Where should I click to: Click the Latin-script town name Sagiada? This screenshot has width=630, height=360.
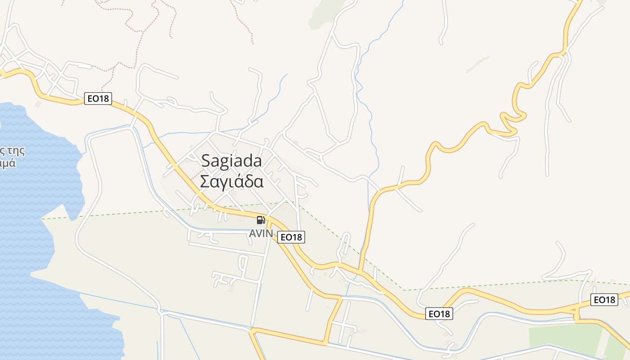click(231, 161)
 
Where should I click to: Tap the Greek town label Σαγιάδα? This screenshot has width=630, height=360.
click(231, 182)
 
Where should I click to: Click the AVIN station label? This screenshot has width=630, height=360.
click(261, 234)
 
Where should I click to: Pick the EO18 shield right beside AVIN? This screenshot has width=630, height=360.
click(291, 237)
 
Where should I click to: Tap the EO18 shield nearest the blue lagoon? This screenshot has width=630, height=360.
click(98, 98)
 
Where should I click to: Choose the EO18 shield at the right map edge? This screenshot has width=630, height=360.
click(604, 300)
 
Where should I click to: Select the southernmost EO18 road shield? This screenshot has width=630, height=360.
click(439, 314)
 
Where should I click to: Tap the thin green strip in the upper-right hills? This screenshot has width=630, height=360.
click(477, 64)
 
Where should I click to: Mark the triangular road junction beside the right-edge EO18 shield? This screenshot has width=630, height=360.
click(576, 310)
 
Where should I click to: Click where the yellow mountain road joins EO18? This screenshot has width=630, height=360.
click(360, 271)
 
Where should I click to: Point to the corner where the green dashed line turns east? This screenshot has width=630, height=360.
click(404, 290)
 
